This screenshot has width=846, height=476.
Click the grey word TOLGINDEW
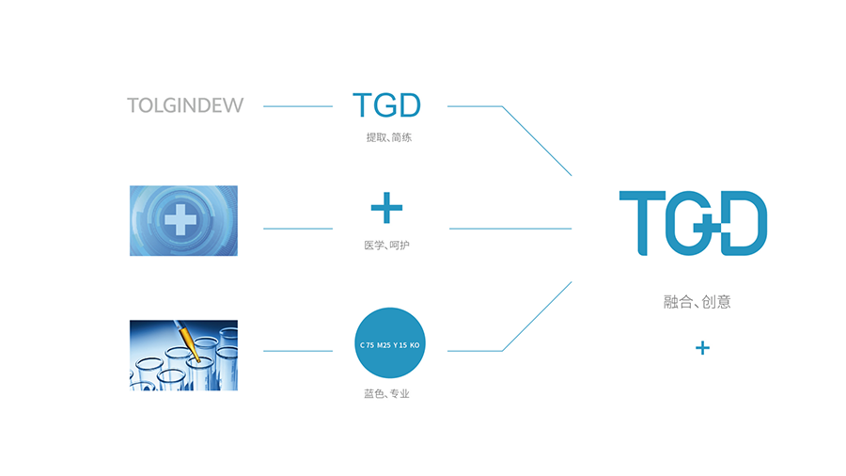(x=185, y=105)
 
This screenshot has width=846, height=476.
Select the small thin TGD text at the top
(x=387, y=104)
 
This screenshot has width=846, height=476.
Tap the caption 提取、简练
(x=388, y=137)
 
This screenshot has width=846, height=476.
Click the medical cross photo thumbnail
(x=183, y=221)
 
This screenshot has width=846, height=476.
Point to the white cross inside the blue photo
(x=180, y=219)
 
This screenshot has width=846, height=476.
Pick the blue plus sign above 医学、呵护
(x=387, y=208)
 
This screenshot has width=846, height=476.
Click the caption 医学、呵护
(x=386, y=246)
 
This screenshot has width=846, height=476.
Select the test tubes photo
(x=183, y=355)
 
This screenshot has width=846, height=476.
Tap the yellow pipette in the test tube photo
(x=187, y=341)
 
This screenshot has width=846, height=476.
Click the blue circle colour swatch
(x=390, y=342)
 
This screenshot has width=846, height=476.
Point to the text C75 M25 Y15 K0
(x=389, y=345)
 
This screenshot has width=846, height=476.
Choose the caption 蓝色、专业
(x=386, y=394)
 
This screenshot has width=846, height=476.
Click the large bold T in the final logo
(x=642, y=223)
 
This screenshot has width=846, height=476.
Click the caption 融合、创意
(x=697, y=302)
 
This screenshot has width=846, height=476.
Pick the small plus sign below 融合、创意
(x=702, y=348)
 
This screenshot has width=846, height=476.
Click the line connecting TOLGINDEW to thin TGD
(x=298, y=106)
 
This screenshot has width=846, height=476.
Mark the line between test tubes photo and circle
(x=298, y=351)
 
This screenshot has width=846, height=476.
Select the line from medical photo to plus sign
(x=298, y=229)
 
